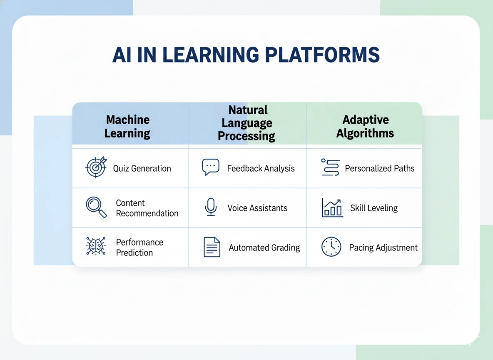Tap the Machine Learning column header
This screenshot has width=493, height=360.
point(127,127)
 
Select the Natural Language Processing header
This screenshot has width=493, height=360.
point(247,123)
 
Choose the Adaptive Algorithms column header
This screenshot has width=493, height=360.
point(365,127)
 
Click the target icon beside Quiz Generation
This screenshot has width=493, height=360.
point(96,167)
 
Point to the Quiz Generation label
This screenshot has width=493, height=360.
point(142,169)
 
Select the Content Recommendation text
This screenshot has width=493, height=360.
point(147,208)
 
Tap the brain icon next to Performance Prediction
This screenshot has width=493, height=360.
point(96,246)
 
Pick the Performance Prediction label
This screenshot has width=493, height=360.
point(139,247)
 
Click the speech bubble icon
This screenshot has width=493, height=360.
point(211,167)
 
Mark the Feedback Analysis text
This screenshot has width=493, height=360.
point(261,169)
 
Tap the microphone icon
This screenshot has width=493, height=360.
point(211,207)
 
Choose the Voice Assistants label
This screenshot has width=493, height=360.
point(257,208)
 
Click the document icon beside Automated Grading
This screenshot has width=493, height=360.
point(212,247)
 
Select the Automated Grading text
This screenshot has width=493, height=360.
point(264,248)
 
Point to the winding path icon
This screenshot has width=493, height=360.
point(331,167)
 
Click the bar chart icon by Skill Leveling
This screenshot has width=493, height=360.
point(332,207)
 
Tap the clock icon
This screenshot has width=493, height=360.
point(331,247)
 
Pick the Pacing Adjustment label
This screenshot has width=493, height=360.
point(383,248)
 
